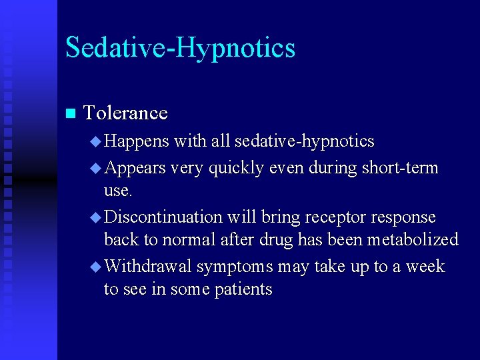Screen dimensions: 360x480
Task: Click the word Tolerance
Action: click(125, 113)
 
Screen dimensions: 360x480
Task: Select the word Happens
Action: click(137, 141)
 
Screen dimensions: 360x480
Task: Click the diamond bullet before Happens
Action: click(95, 142)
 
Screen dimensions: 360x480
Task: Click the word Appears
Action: click(135, 168)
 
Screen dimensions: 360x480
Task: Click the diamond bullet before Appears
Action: click(95, 168)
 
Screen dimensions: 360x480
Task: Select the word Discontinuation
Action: click(163, 217)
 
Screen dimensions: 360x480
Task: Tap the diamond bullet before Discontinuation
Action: click(95, 217)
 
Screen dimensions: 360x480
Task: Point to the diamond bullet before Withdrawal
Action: click(95, 267)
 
